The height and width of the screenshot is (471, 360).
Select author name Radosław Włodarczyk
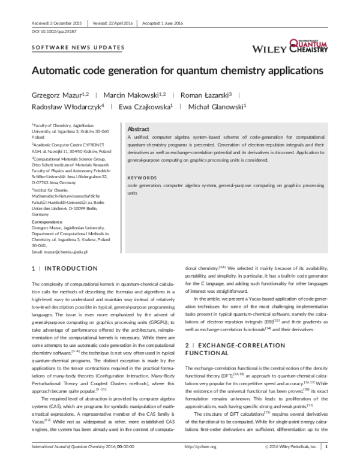point(66,107)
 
